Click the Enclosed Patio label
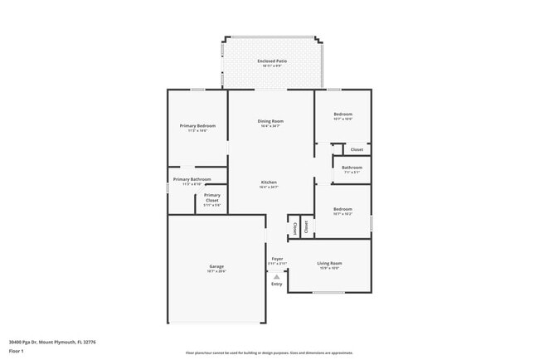(272, 61)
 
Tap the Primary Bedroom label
(192, 125)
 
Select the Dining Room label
(271, 121)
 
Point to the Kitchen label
(269, 182)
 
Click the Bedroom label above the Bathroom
(342, 114)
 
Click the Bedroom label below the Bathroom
(342, 209)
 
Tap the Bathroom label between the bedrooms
(352, 168)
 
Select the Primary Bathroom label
(192, 179)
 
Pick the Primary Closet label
(211, 197)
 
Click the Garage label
(216, 266)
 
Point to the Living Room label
(329, 263)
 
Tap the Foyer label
(277, 259)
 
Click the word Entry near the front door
(276, 285)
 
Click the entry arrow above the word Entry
(276, 276)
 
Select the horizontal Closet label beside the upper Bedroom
(357, 149)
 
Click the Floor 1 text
(17, 351)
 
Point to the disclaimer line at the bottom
(269, 353)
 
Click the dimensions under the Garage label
(216, 271)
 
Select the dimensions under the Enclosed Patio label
(272, 66)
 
